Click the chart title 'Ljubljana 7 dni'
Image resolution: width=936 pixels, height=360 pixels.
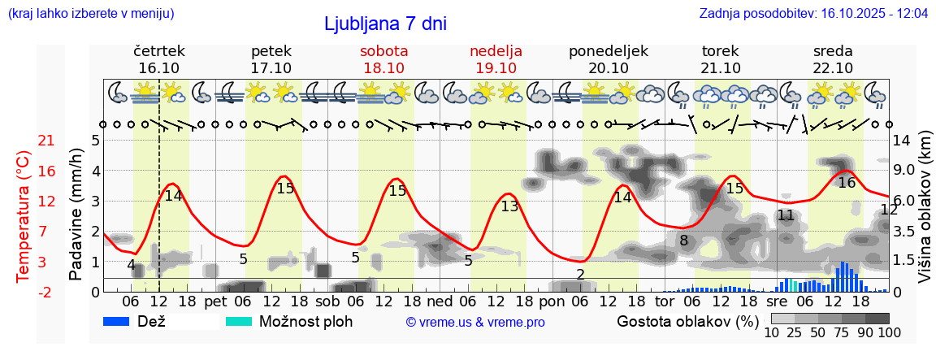coord(385,24)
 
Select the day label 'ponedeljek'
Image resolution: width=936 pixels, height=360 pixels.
coord(608,51)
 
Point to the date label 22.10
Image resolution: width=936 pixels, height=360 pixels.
coord(833,68)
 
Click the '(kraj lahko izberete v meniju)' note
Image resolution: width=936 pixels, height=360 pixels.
coord(90,14)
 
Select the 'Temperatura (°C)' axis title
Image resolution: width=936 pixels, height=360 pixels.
coord(24,217)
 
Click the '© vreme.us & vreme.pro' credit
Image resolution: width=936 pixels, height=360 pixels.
coord(475,322)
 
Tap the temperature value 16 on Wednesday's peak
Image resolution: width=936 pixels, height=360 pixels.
coord(847,183)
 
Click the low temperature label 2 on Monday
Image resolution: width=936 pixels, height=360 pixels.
coord(580,274)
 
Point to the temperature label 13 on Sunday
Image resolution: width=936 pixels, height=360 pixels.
coord(509,206)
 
